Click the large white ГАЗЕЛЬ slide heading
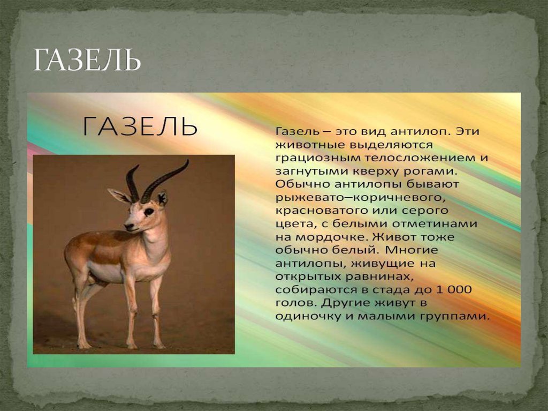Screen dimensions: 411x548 click(87, 61)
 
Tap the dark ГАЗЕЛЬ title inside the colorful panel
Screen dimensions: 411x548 click(140, 127)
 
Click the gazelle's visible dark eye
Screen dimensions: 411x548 click(148, 211)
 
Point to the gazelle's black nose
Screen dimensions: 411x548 click(127, 227)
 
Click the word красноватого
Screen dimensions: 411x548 click(318, 211)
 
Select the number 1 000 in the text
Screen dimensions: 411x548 click(454, 289)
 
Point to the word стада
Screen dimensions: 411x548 click(405, 289)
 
